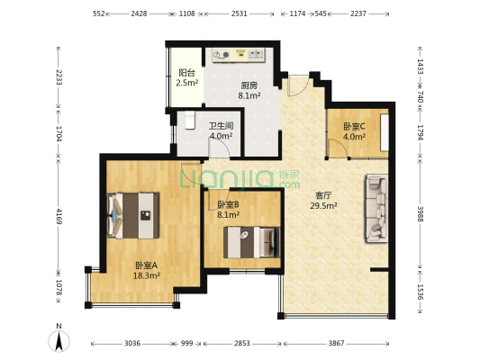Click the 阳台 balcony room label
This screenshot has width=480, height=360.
coord(187,74)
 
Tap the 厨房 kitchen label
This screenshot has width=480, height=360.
coord(224,85)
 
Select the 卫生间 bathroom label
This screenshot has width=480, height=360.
coord(221,127)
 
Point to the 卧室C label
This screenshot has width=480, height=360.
coord(355,127)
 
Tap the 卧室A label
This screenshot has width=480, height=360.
coord(146,265)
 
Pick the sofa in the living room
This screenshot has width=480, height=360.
coord(376,210)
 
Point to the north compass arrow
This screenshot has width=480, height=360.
coord(59,339)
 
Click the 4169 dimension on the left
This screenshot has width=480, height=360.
coord(59,217)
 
